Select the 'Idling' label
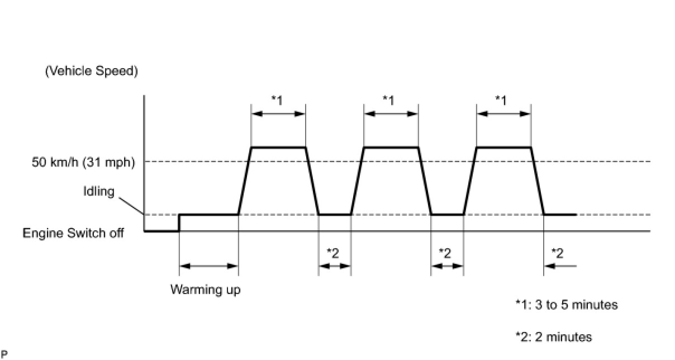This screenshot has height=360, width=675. click(98, 191)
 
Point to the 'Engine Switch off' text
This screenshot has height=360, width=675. click(73, 233)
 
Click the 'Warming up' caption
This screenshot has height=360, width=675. click(206, 290)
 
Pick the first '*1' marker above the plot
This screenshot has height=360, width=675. click(277, 100)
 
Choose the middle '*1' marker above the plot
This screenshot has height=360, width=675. click(389, 100)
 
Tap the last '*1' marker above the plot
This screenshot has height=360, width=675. click(501, 100)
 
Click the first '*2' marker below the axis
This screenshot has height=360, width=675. click(333, 253)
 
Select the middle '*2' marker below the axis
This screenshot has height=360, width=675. click(445, 253)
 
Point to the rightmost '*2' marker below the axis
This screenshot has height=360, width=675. click(557, 253)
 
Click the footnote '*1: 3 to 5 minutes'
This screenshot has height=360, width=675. click(566, 305)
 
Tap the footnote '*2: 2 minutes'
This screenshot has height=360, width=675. click(553, 337)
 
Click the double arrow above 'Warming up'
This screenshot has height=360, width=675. click(209, 266)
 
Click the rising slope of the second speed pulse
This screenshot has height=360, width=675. click(358, 181)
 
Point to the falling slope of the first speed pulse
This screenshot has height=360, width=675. click(312, 181)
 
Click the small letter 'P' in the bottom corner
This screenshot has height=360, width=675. click(4, 353)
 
